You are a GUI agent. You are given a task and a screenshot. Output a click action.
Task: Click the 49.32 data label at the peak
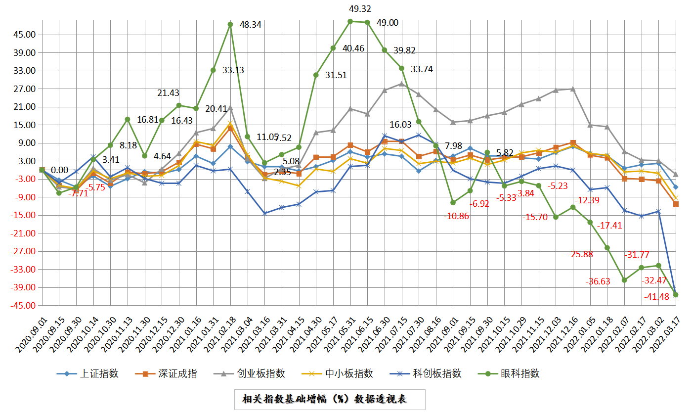[360, 9]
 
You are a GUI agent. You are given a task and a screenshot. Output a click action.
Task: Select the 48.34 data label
[251, 24]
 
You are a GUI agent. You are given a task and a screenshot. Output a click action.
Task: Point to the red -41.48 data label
[657, 297]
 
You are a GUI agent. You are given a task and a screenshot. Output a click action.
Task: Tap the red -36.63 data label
[598, 281]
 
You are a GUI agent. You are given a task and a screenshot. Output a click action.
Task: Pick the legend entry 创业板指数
[261, 373]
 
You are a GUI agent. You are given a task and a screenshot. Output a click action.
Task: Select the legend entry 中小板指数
[349, 373]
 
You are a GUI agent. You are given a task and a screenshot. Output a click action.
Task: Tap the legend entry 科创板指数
[437, 373]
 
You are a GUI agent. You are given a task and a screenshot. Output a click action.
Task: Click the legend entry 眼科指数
[520, 373]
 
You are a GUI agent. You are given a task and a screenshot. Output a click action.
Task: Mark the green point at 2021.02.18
[230, 24]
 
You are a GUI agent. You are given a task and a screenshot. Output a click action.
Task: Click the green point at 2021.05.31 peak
[350, 21]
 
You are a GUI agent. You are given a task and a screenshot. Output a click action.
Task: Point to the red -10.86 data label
[456, 216]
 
